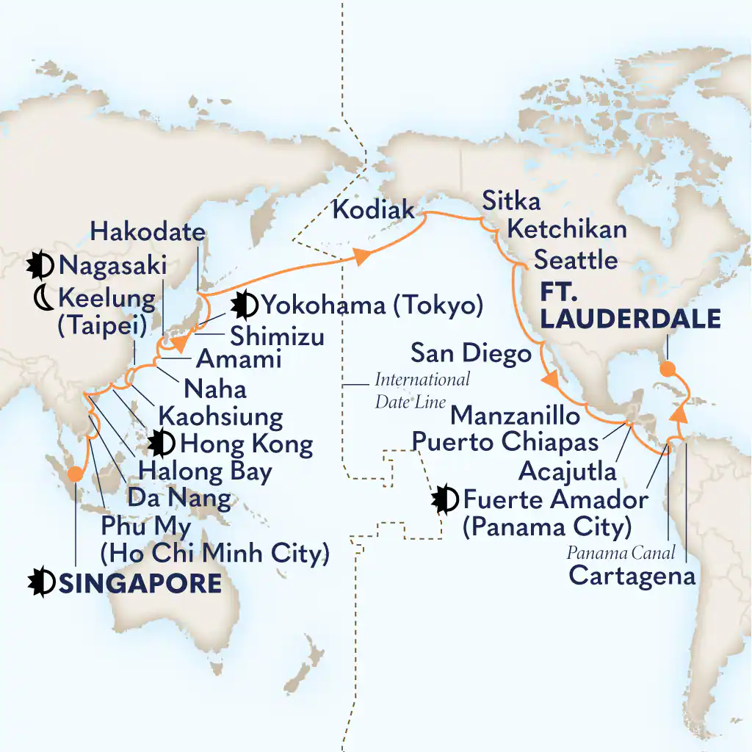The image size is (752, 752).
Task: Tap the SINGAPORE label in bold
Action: [x=140, y=583]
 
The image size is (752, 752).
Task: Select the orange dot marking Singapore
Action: [x=74, y=474]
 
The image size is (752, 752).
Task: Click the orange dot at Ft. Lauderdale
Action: [x=667, y=369]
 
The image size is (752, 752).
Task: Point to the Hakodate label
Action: [x=148, y=233]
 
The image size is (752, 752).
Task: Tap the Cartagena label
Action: [x=632, y=575]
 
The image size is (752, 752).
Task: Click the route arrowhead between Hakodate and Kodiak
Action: [x=362, y=256]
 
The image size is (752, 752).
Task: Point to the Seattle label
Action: [x=576, y=259]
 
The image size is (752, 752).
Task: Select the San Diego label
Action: [x=471, y=354]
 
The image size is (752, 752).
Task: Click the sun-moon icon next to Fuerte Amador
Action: [x=446, y=500]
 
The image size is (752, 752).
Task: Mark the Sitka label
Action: [x=511, y=200]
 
